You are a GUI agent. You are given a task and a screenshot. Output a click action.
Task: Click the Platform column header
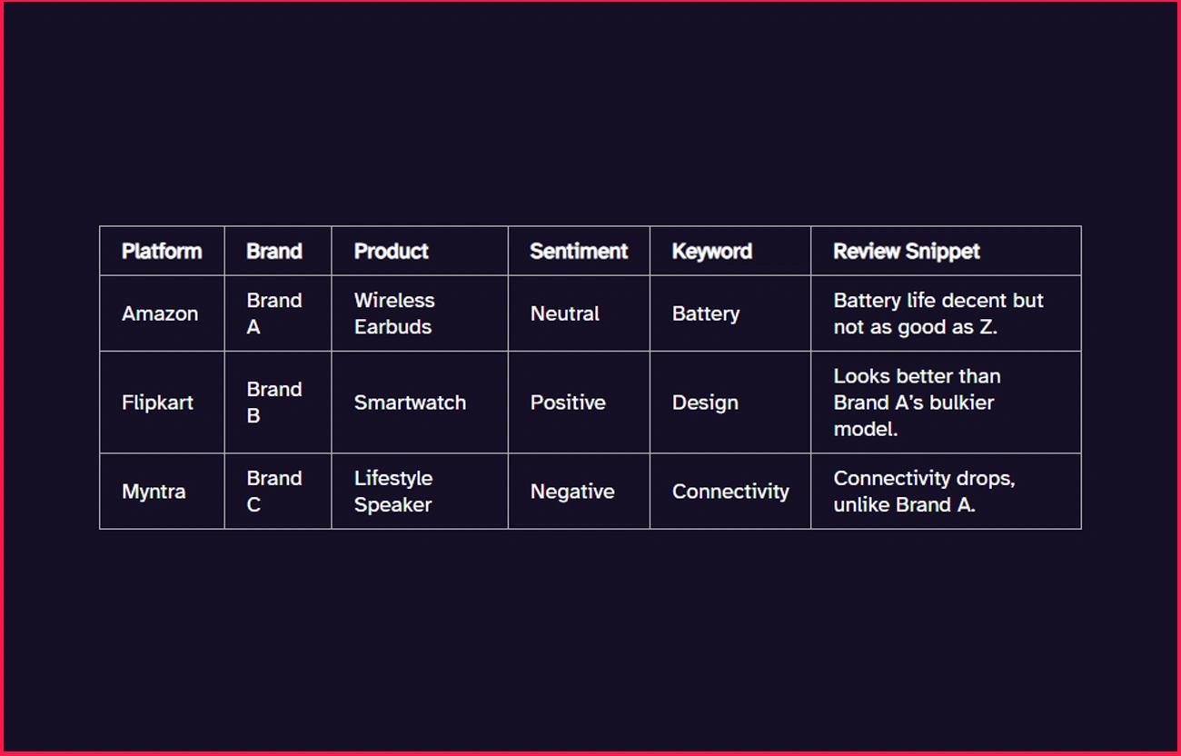162,252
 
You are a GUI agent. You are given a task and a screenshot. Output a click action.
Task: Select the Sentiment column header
579,252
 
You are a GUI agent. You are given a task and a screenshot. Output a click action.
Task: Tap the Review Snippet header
907,252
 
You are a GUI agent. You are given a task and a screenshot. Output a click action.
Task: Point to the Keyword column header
711,252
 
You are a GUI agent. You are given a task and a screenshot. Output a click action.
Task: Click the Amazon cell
160,313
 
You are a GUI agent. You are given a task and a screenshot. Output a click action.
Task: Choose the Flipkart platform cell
157,403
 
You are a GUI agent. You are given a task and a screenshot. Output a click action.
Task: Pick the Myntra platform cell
154,492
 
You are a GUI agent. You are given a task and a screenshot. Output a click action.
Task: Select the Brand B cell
273,403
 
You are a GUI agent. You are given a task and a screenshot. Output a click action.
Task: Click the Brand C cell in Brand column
273,492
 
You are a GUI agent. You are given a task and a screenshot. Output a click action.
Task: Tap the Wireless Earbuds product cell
394,313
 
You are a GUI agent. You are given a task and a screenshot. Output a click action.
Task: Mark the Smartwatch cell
410,403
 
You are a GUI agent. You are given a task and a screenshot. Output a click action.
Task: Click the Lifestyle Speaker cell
393,492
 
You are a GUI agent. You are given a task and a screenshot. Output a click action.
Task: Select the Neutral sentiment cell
565,313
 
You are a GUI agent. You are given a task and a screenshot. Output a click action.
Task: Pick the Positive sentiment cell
568,403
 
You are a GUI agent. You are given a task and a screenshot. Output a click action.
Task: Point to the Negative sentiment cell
572,492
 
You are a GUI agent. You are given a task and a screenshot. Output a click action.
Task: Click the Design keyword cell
705,403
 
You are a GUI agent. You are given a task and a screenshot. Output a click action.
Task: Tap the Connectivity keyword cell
730,492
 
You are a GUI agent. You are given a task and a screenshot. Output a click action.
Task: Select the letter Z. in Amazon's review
987,327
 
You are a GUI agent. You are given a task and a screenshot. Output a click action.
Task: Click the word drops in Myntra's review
985,478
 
